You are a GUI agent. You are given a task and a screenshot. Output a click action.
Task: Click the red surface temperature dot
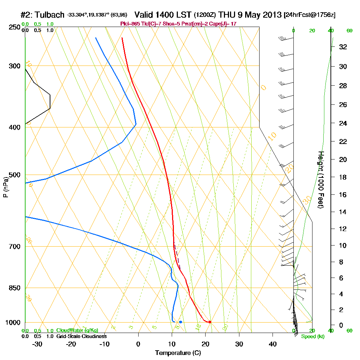[x=210, y=322]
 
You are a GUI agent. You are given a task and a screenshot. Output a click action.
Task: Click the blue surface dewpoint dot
[x=180, y=322]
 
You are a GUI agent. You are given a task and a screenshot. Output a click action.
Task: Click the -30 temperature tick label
[x=37, y=344]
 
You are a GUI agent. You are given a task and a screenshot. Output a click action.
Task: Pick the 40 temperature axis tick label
[x=273, y=344]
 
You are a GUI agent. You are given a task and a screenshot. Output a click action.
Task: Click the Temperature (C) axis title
[x=178, y=353]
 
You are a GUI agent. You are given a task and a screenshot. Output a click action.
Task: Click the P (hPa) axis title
[x=5, y=187]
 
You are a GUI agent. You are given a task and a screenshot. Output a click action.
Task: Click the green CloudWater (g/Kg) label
[x=77, y=330]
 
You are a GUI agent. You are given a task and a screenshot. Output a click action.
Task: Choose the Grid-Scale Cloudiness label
[x=81, y=336]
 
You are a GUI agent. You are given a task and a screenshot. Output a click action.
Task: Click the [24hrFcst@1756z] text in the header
[x=310, y=15]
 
